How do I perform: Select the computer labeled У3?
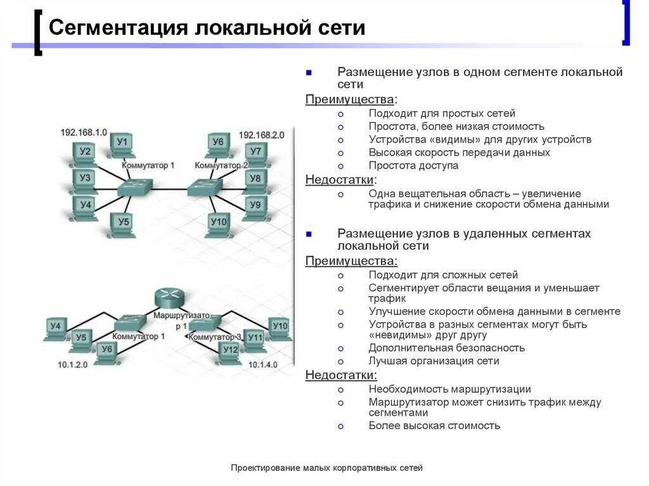[85, 180]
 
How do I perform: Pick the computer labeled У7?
[255, 153]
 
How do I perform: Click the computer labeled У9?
[255, 207]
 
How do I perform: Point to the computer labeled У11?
[255, 339]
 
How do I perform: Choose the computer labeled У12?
[231, 352]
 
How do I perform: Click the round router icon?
[169, 297]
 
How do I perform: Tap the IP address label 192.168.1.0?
[84, 132]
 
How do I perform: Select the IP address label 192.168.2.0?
[261, 135]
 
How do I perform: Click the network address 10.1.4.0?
[262, 365]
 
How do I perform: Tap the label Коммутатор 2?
[221, 165]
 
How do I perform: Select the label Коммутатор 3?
[214, 337]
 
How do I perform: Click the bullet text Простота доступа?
[413, 165]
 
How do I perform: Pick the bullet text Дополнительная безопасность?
[447, 348]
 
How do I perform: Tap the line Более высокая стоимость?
[434, 426]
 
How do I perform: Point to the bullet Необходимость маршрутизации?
[449, 389]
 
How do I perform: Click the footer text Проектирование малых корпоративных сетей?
[326, 468]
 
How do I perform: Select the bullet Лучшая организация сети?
[434, 361]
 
